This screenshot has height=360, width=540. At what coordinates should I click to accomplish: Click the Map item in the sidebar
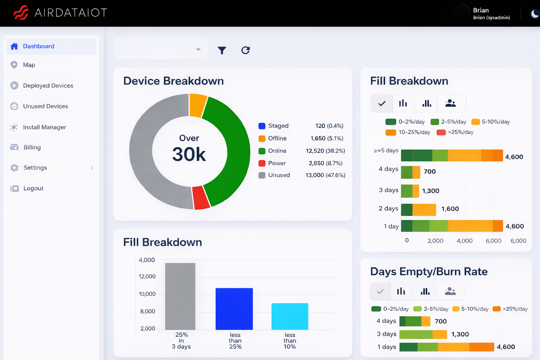pos(29,65)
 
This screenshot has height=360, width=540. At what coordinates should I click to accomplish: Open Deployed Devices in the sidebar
pos(48,86)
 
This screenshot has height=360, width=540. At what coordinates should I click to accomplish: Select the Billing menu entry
pos(32,148)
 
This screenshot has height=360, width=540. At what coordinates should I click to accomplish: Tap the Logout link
pos(33,188)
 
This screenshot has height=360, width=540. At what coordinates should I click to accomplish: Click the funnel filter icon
pos(222,51)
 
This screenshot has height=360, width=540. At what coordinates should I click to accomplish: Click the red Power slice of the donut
pos(201,198)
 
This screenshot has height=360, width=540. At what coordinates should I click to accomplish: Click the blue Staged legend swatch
pos(262,126)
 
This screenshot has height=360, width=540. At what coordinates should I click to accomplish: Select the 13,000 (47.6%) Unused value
pos(325,175)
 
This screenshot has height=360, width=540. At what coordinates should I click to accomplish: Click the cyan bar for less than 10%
pos(290,316)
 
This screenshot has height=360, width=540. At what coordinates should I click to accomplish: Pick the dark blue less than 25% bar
pos(234,309)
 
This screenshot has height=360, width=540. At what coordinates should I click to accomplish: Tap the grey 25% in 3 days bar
pos(180,296)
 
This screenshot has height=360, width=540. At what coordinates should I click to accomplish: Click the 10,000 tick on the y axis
pos(147,294)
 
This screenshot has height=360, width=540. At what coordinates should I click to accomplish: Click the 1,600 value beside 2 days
pos(450,209)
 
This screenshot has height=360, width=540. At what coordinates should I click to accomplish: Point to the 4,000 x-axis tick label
pos(464,241)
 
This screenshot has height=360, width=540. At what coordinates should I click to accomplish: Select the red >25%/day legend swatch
pos(441,133)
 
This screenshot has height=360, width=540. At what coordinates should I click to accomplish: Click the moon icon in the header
pos(534,14)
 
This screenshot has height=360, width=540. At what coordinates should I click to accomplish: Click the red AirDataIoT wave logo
pos(21,13)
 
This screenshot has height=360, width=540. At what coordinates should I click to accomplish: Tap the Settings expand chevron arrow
pos(92,168)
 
